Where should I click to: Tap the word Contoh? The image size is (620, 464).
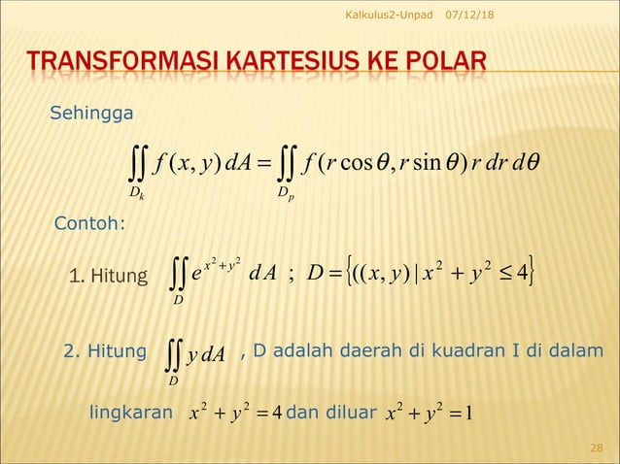(88, 225)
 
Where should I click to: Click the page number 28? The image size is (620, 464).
(597, 446)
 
